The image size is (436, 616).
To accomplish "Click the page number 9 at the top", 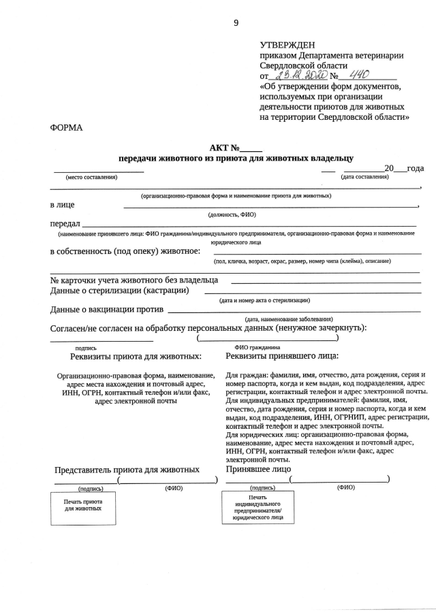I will (x=236, y=22).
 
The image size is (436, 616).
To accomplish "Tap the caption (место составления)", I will (x=91, y=178).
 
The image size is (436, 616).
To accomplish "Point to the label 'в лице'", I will (x=63, y=204).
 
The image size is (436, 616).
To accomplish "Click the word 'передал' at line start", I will (x=65, y=223).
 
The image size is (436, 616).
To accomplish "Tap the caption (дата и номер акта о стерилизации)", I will (x=264, y=300).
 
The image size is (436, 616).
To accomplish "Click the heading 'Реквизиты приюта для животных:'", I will (x=136, y=356).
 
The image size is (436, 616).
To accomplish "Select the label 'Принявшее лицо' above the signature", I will (x=258, y=468).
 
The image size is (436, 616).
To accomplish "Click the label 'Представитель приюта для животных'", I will (x=127, y=469).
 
